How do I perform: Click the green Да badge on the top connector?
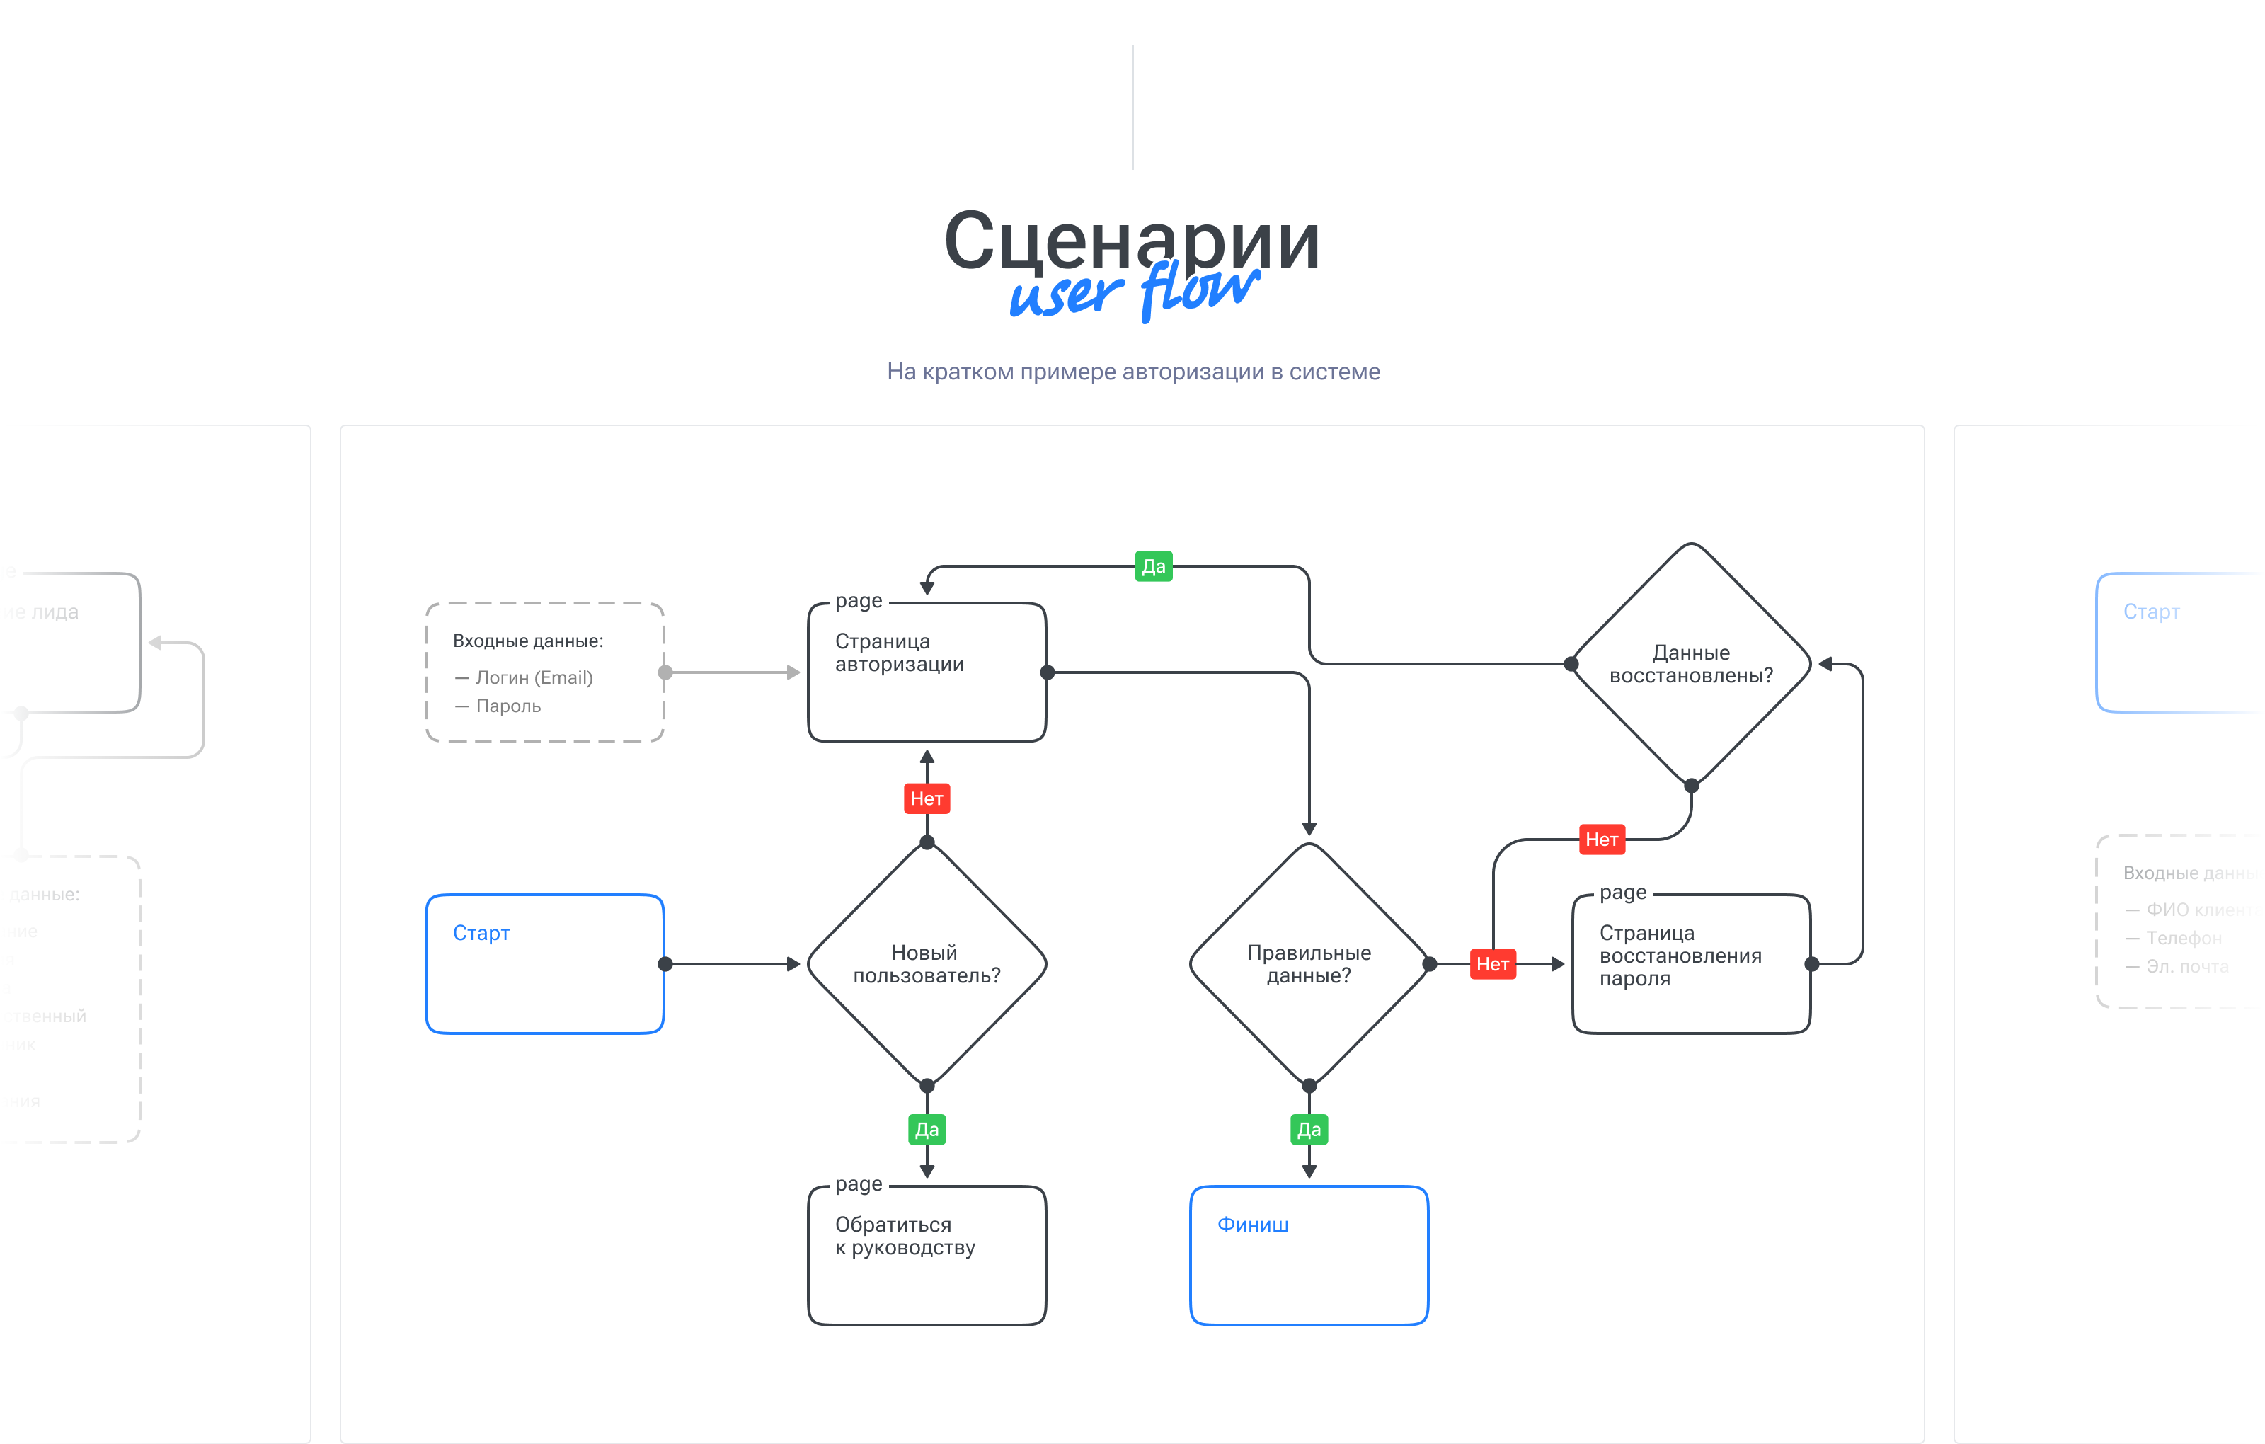tap(1153, 566)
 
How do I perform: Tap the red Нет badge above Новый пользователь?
tap(927, 798)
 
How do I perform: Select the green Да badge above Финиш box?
tap(1309, 1130)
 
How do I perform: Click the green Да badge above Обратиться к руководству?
tap(927, 1130)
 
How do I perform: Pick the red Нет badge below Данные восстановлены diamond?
tap(1601, 839)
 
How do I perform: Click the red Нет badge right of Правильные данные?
tap(1493, 964)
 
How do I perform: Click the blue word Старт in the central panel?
tap(481, 933)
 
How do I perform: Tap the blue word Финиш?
tap(1252, 1225)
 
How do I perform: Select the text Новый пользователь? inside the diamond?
tap(927, 964)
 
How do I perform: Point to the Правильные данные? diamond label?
tap(1309, 964)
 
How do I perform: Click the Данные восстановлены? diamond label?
tap(1690, 664)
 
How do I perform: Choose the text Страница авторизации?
tap(899, 653)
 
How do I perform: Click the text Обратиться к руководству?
tap(905, 1236)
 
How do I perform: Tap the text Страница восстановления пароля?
tap(1680, 956)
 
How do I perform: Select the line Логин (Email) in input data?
tap(533, 677)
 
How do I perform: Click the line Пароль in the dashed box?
tap(508, 706)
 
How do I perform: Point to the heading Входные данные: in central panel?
tap(528, 641)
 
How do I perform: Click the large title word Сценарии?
tap(1132, 240)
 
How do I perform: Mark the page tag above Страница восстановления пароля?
tap(1622, 892)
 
